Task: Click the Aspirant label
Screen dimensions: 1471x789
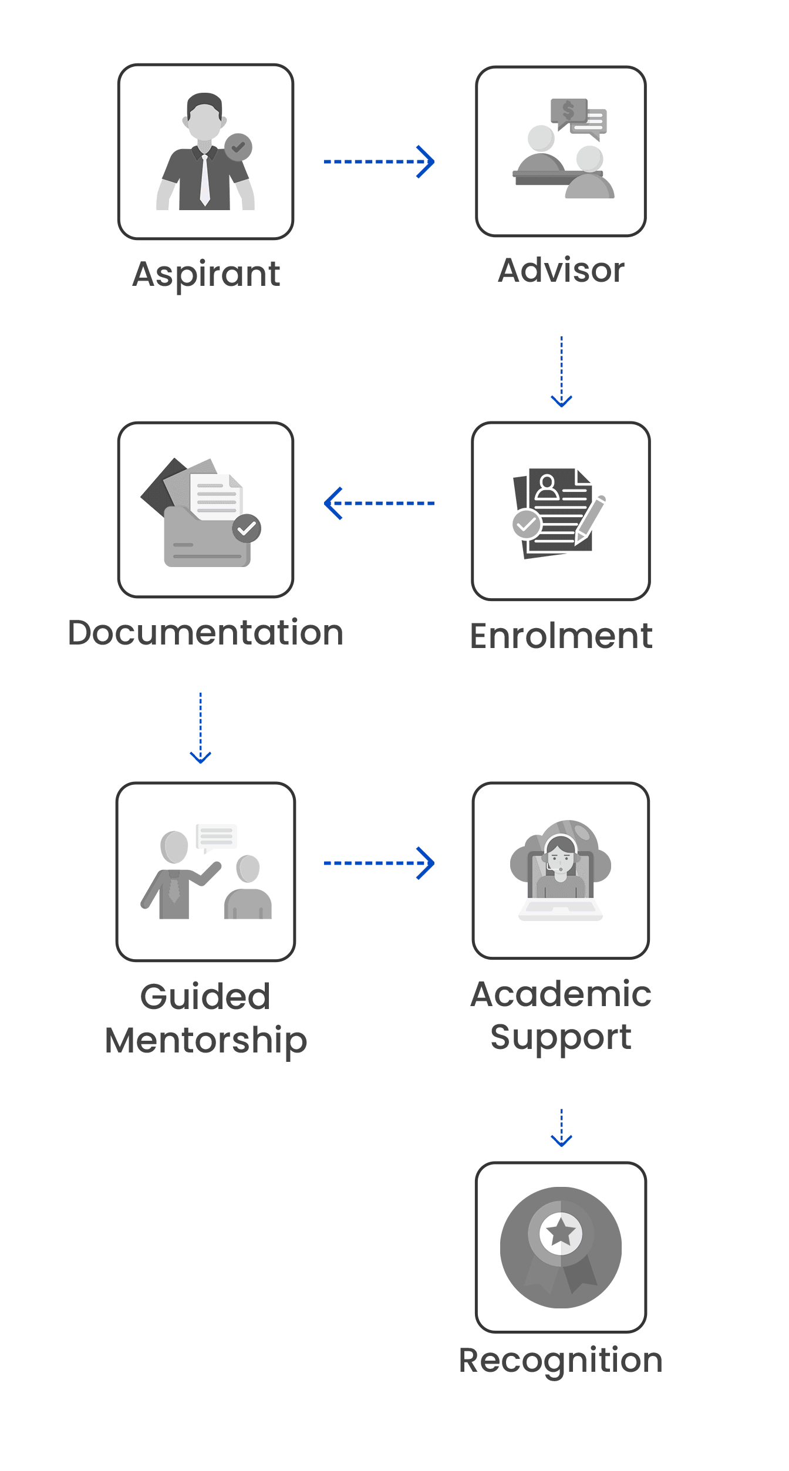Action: (206, 274)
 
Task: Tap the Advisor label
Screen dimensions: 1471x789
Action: (561, 271)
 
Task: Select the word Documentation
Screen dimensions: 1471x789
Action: (205, 633)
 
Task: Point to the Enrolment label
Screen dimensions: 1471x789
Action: (561, 636)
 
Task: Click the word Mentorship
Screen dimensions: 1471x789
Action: (206, 1041)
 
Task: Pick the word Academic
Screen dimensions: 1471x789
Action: (561, 994)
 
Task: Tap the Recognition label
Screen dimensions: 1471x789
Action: (561, 1360)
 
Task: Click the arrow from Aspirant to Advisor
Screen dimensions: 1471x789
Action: (379, 161)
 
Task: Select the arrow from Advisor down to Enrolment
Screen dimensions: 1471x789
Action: (561, 372)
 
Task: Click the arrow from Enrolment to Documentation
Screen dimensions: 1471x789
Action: (379, 504)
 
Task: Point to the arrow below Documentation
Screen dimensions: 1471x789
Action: (200, 728)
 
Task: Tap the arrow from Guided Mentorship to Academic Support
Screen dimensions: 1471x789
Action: (379, 863)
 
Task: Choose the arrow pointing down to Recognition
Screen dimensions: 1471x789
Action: (561, 1128)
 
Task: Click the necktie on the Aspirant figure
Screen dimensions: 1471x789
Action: (205, 179)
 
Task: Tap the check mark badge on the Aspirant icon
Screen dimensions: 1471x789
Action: (238, 147)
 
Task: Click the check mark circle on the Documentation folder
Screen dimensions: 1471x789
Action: (247, 529)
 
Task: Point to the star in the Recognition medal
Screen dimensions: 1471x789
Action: (561, 1233)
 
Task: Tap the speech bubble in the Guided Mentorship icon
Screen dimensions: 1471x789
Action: (216, 836)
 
